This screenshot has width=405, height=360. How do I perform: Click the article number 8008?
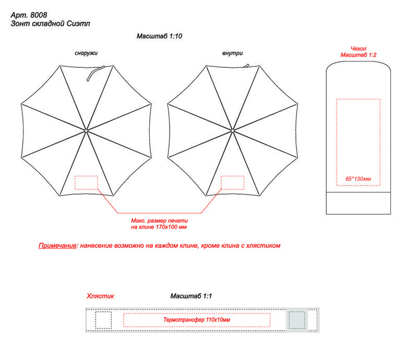point(39,15)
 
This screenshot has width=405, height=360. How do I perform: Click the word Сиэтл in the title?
point(78,23)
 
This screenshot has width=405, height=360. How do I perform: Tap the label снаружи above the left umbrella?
point(86,53)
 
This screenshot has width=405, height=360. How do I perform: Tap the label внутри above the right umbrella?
point(232,53)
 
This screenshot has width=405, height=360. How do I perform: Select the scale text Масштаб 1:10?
point(159,36)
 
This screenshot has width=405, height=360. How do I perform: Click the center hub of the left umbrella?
point(86,130)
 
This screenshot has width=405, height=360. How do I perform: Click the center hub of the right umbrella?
point(232,130)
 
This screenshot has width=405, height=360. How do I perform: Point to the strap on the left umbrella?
point(96,73)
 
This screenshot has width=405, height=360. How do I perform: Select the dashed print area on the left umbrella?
point(86,183)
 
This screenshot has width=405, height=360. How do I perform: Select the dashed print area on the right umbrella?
point(232,183)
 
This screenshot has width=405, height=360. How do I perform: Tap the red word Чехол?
point(358,49)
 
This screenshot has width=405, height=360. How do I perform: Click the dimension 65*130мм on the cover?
point(358,179)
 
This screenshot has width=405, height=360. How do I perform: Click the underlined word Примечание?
point(57,246)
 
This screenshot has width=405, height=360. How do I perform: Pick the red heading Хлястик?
point(100,296)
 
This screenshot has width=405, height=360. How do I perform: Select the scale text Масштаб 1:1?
point(191,296)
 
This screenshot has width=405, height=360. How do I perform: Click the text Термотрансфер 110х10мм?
point(197,320)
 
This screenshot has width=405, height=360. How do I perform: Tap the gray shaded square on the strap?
point(297,320)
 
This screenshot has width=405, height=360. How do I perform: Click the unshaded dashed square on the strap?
point(103,320)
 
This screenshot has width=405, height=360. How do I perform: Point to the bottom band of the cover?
point(358,203)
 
